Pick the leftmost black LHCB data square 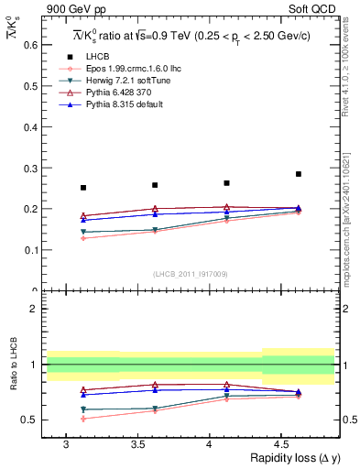click(83, 188)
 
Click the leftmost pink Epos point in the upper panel click(83, 238)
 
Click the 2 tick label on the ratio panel click(32, 309)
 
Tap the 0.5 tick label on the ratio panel click(28, 420)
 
